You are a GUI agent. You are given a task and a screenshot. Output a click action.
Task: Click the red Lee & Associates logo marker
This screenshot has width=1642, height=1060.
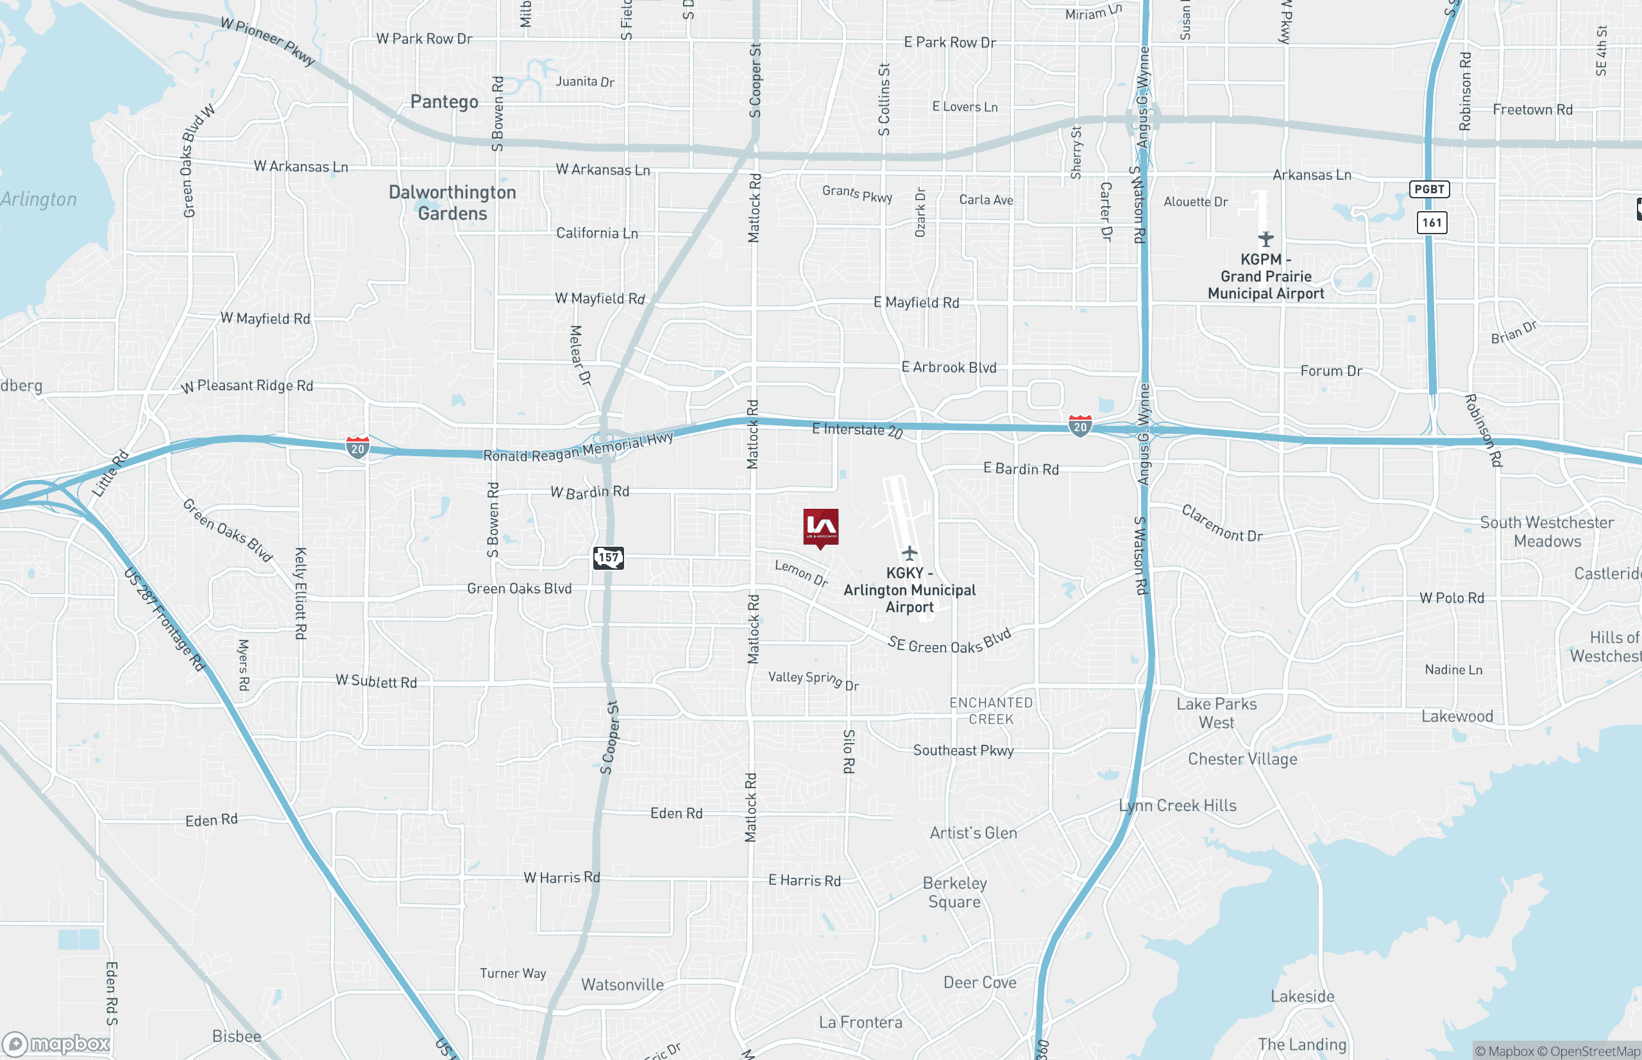point(820,527)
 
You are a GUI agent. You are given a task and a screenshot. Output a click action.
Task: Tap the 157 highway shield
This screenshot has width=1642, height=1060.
point(608,558)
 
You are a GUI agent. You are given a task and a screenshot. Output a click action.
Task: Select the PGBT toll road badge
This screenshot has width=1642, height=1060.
point(1429,189)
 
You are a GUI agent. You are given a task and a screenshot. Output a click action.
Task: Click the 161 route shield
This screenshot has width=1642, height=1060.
point(1432,222)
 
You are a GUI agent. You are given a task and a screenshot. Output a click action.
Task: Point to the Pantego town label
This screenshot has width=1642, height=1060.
point(444,102)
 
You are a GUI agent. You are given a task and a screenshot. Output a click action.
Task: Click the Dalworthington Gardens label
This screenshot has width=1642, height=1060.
point(453,203)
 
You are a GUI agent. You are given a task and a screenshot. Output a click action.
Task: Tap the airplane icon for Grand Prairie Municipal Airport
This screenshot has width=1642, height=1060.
point(1265,239)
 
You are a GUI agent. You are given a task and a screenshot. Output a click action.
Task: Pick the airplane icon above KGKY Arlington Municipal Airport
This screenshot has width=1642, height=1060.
point(910,552)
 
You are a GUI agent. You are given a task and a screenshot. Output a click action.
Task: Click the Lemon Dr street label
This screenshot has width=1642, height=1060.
point(801,573)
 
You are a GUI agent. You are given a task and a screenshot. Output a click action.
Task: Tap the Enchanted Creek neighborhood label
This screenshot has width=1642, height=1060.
point(990,711)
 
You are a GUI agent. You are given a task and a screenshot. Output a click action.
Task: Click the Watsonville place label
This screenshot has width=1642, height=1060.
point(623,984)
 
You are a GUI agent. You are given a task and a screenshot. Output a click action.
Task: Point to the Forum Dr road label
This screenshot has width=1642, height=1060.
point(1331,371)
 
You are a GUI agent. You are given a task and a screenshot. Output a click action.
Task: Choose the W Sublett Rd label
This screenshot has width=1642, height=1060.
point(377,681)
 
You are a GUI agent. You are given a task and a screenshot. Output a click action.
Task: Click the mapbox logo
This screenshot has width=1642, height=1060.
point(56,1044)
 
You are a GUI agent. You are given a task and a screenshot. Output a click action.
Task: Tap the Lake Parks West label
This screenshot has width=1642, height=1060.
point(1216,713)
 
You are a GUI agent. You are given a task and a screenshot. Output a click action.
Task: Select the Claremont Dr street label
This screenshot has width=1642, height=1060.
point(1223,524)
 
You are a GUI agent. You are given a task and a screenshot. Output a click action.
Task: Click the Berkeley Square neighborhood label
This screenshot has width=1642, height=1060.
point(955,892)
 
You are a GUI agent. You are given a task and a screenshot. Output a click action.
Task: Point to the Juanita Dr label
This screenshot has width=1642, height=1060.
point(585,81)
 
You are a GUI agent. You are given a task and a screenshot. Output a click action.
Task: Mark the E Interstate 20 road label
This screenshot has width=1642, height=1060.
point(857,430)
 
